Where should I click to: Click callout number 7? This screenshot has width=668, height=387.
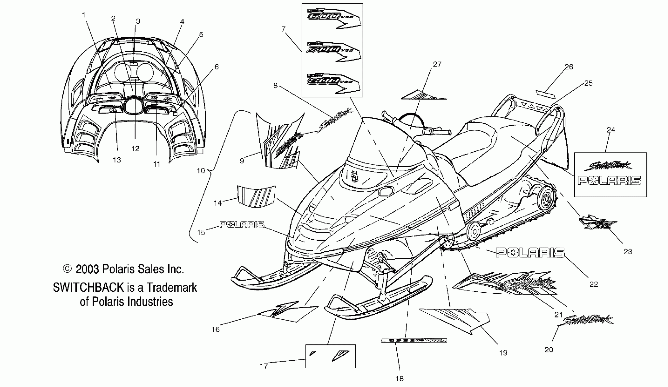(283, 29)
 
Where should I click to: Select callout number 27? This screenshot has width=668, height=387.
(437, 64)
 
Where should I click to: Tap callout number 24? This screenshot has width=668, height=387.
(611, 130)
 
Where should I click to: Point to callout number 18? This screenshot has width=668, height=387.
(399, 379)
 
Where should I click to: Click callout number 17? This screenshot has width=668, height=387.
(264, 366)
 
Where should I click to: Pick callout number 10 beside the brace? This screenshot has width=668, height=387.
(201, 171)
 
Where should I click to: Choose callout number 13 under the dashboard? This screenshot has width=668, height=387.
(117, 160)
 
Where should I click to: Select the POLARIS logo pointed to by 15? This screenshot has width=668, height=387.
(242, 225)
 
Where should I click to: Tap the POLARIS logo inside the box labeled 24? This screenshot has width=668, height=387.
(609, 181)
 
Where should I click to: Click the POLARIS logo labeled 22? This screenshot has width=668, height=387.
(530, 253)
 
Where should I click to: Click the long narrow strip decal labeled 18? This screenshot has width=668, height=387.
(414, 340)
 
